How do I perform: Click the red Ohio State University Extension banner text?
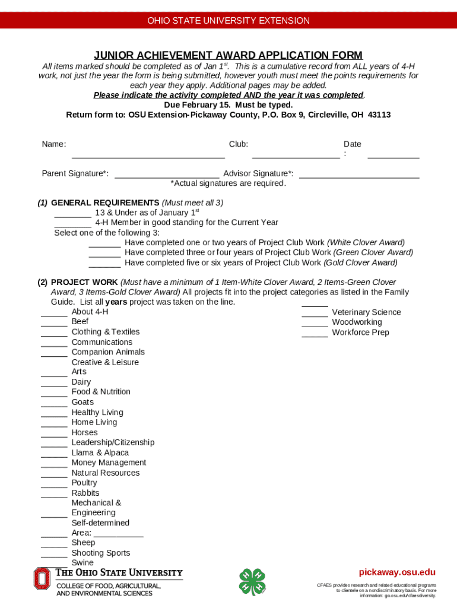pos(228,21)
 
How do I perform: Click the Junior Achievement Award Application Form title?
pos(228,55)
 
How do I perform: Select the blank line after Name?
pos(148,157)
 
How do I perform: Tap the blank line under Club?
pos(296,157)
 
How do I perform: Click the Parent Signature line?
pos(166,177)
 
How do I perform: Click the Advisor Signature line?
pos(359,177)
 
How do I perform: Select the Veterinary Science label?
pos(366,312)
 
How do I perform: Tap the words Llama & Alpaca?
pos(100,452)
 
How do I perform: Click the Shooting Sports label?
pos(100,553)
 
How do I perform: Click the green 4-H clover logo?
pos(252,582)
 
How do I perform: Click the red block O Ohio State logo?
pos(42,578)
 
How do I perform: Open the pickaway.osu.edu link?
pos(397,572)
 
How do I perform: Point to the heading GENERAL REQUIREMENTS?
pos(105,202)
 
